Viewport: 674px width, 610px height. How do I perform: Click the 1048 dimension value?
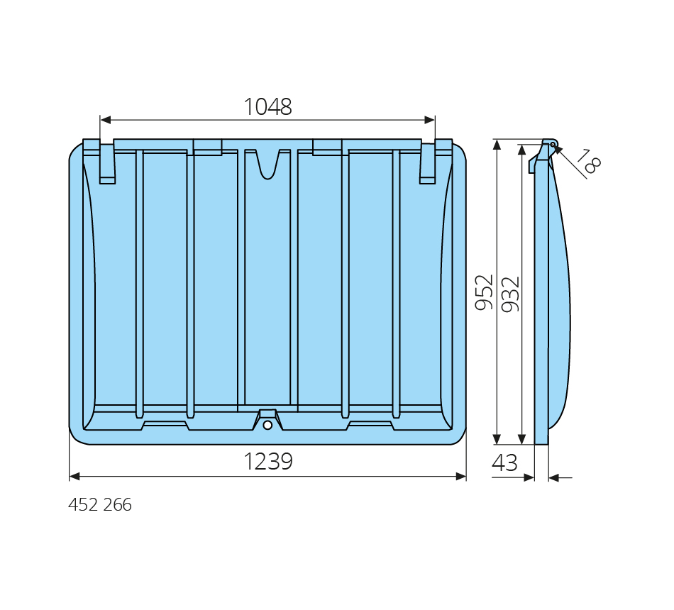[267, 106]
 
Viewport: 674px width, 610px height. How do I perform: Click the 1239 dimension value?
[268, 461]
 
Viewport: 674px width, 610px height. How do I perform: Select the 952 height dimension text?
[484, 292]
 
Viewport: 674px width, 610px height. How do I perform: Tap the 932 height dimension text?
[511, 294]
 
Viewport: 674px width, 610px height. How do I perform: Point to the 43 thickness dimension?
[504, 463]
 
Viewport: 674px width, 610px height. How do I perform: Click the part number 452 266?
[100, 505]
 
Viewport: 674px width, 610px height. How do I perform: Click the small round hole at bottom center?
[267, 425]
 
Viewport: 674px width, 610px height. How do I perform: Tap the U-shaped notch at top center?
[267, 165]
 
